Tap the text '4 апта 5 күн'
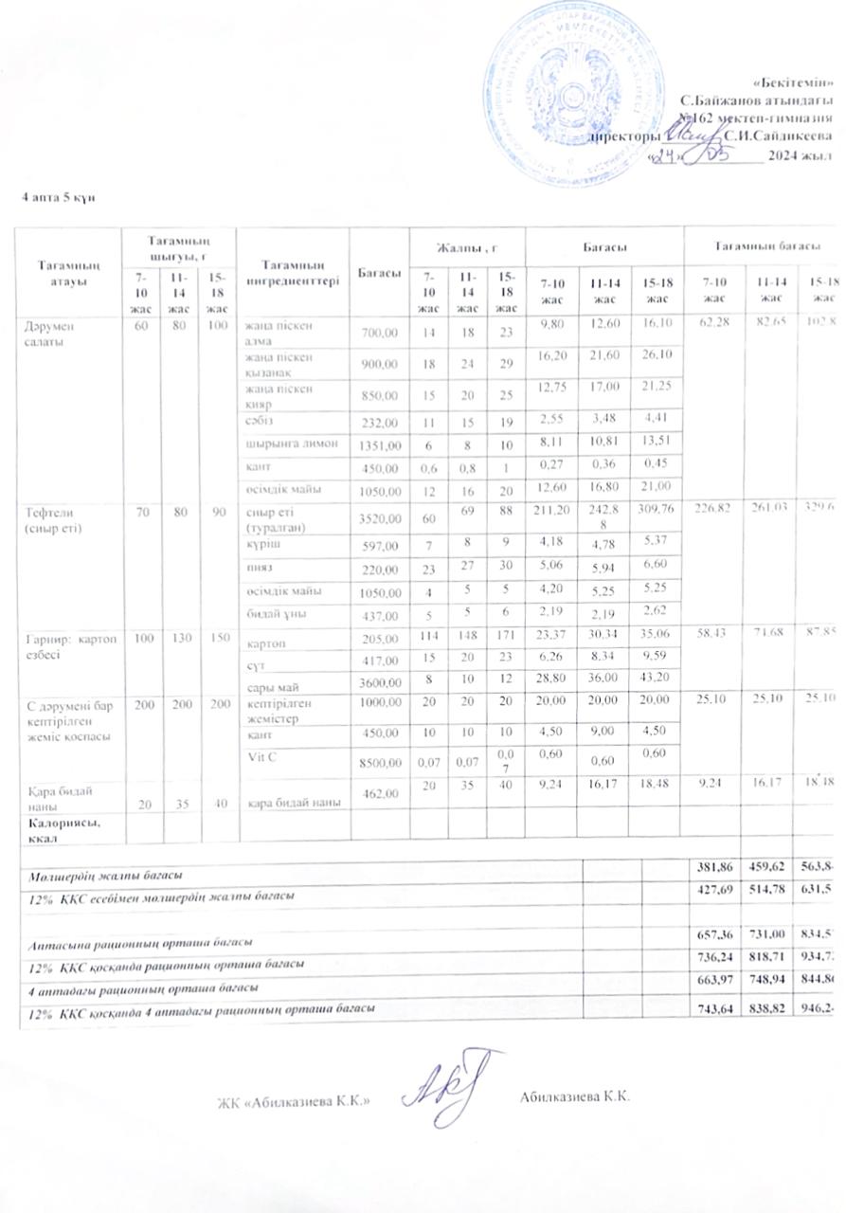pyautogui.click(x=58, y=196)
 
